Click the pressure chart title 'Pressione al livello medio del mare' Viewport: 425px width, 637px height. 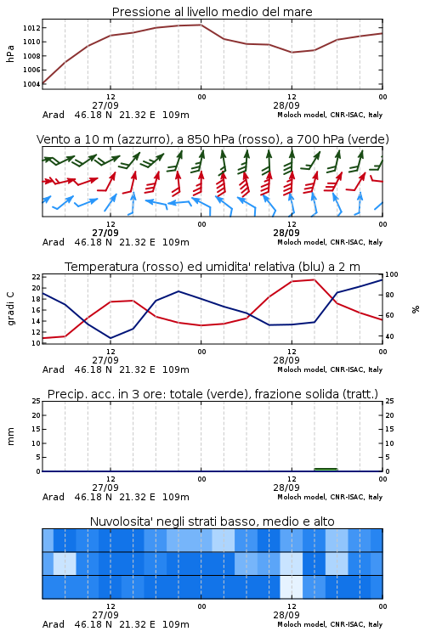tap(212, 12)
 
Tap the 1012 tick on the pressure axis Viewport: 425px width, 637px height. tap(31, 28)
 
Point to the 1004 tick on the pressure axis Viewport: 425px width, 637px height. tap(31, 84)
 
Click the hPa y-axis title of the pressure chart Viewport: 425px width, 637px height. tap(10, 54)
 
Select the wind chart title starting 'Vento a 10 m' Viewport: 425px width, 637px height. tap(212, 139)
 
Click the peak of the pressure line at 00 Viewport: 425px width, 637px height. tap(201, 25)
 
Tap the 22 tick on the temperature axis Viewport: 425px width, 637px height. tap(36, 277)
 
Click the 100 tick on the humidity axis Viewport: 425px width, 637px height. tap(391, 274)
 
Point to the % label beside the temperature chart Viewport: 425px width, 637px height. tap(416, 309)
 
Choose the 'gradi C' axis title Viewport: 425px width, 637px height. tap(11, 308)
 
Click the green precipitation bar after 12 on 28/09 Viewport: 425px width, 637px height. tap(326, 470)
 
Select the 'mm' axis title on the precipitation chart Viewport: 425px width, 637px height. tap(10, 437)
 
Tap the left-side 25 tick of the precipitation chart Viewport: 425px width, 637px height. tap(36, 402)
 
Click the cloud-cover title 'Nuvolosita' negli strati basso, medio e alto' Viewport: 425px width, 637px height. tap(212, 521)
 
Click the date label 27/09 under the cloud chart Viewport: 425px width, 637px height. tap(105, 615)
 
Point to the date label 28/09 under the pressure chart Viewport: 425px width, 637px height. tap(286, 105)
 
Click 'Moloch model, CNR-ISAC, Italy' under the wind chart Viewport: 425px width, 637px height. tap(330, 242)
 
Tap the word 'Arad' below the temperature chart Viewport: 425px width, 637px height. tap(54, 369)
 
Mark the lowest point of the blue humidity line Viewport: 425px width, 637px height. tap(110, 338)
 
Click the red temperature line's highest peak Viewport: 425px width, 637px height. tap(314, 279)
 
